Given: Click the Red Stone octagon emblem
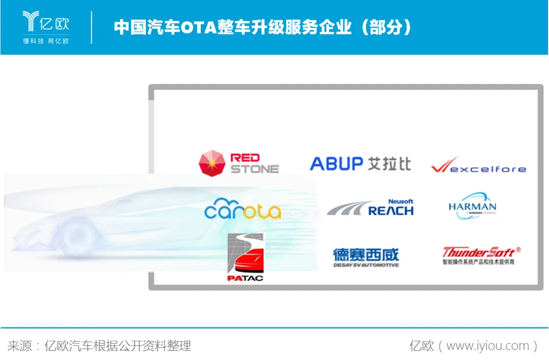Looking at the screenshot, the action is coord(212,163).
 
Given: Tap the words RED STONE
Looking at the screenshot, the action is coord(254,163).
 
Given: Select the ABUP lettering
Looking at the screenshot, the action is coord(336,164).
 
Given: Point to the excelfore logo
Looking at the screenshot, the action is coord(478,166).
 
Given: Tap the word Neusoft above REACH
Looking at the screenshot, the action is coord(401,201).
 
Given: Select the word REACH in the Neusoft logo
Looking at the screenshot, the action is coord(390,211).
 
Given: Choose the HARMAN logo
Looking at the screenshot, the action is coord(472,206).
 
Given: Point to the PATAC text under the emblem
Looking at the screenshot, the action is coord(245,278).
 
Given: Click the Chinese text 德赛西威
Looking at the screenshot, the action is coord(366,254).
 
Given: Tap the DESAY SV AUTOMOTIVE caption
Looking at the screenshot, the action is coord(366,265).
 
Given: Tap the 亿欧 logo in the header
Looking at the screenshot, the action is coord(46,26).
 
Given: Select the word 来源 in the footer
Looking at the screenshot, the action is coord(19,346).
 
